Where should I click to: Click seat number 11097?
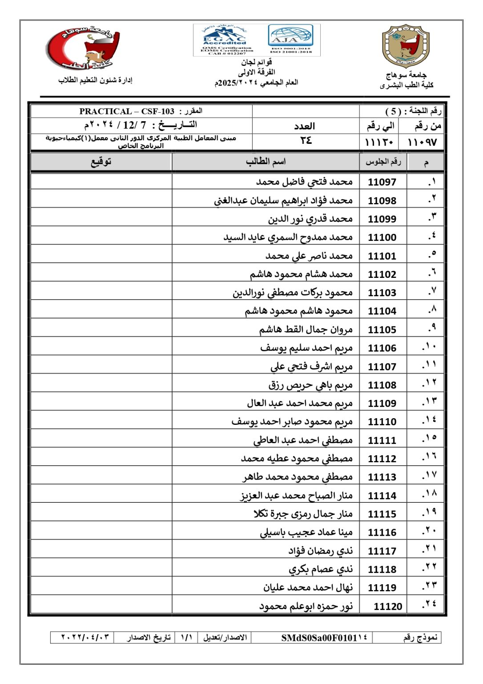coord(382,182)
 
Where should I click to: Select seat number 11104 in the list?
coord(382,311)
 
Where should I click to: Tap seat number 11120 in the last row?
coord(388,606)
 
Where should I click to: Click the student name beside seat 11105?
coord(306,330)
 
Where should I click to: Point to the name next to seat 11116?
coord(306,532)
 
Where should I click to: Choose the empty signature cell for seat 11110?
coord(101,421)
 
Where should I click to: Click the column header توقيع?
coord(101,162)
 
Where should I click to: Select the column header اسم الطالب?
coord(266,162)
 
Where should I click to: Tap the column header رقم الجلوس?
coord(383,162)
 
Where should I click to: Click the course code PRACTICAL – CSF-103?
coord(127,111)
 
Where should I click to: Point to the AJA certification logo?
coord(291,39)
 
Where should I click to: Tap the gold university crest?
coord(406,46)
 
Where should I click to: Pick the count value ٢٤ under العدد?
coord(306,141)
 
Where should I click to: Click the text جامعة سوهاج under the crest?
coord(406,75)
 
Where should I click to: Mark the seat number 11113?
coord(382,477)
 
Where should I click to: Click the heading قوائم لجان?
coord(257,62)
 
